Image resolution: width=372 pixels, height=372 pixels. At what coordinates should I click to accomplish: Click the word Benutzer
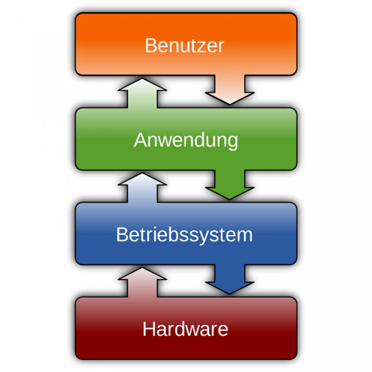(185, 46)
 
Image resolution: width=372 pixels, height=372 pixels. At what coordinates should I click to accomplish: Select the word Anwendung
(186, 140)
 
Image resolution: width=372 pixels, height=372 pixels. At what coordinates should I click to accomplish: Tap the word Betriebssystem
(185, 235)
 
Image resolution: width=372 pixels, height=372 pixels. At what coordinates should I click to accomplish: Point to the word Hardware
(185, 329)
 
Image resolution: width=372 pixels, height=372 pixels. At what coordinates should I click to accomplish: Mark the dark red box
(107, 329)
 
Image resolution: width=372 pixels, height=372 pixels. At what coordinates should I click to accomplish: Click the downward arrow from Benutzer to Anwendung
(230, 90)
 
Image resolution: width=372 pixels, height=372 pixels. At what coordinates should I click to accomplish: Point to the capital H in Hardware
(148, 329)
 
